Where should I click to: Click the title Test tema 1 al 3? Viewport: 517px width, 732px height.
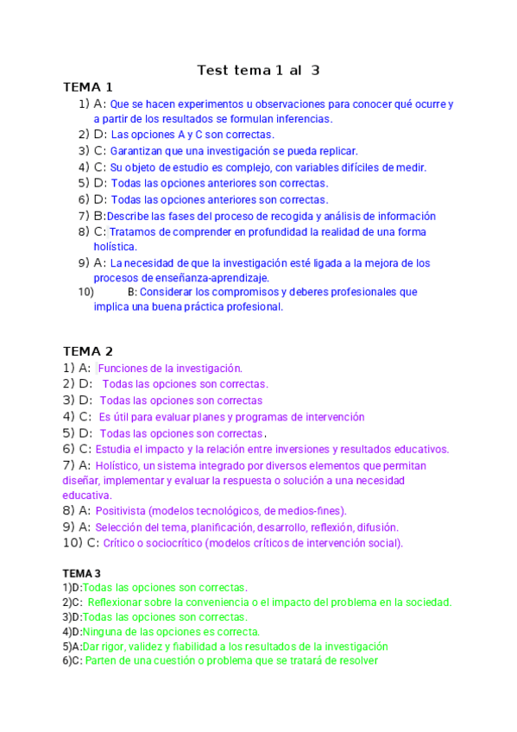click(x=258, y=70)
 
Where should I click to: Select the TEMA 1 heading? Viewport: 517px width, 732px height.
click(x=88, y=87)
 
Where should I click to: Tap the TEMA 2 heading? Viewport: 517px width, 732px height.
click(x=88, y=351)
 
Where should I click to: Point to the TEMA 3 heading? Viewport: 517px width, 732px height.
click(x=82, y=573)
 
